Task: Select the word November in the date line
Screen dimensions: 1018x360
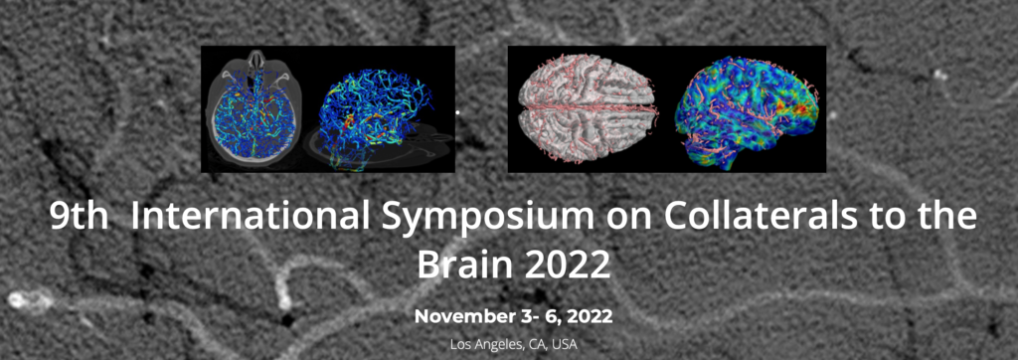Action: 456,316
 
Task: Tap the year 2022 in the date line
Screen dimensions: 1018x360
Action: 589,317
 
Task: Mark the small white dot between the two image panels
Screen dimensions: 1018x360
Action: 457,112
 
